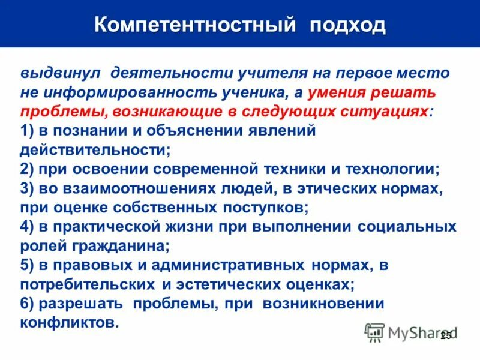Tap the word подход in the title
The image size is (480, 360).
click(x=348, y=25)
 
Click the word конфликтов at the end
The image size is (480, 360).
click(x=68, y=323)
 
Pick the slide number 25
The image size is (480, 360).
click(x=445, y=336)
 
